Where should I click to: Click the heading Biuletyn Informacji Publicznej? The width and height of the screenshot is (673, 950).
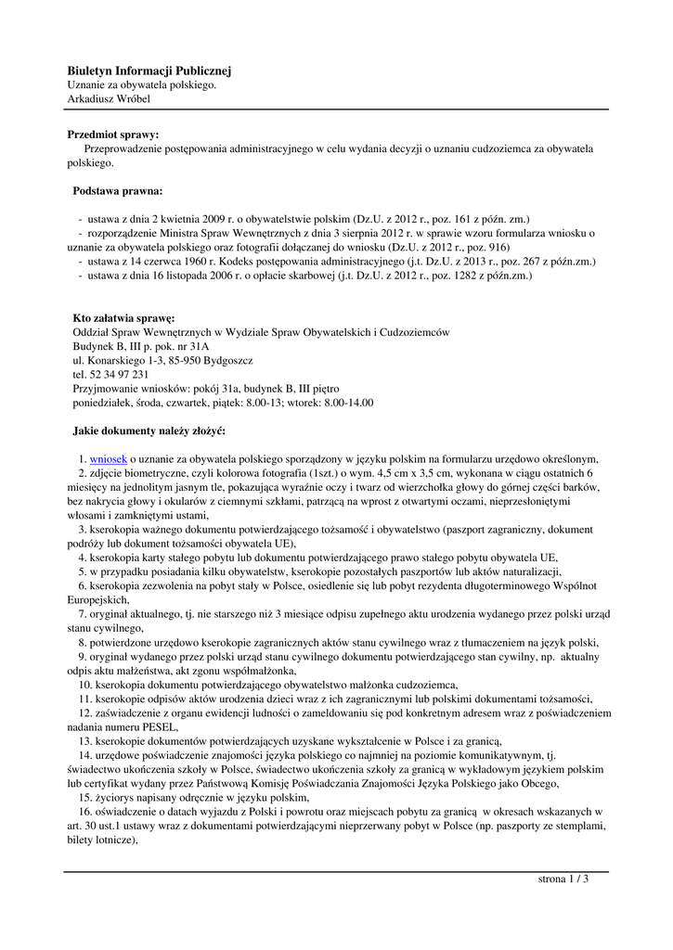[149, 71]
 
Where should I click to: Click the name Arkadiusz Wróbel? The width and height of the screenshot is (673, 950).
[109, 98]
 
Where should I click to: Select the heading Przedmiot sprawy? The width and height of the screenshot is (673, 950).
[113, 135]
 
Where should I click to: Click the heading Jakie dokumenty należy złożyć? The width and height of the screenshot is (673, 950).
[149, 430]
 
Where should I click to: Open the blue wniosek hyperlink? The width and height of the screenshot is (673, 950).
[108, 458]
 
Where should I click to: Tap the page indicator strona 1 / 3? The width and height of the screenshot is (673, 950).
[563, 879]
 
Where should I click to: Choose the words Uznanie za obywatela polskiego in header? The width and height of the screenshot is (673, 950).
[141, 84]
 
